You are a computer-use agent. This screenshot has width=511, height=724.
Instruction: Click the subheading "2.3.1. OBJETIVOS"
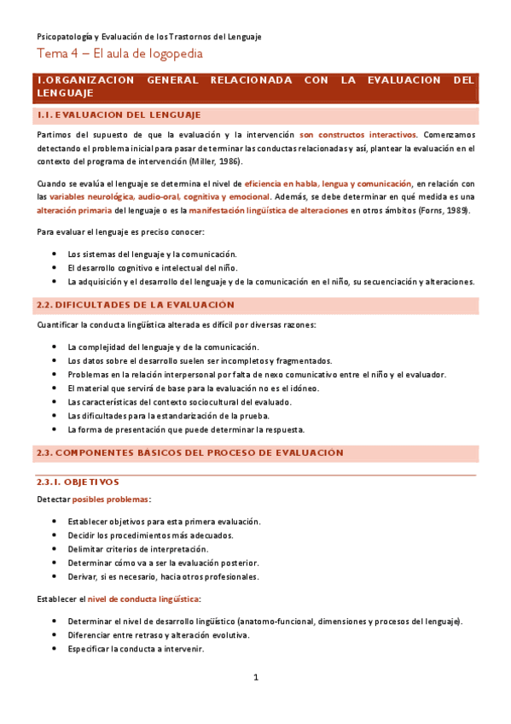coord(78,482)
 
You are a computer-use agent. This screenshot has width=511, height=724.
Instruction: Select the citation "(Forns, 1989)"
coord(444,211)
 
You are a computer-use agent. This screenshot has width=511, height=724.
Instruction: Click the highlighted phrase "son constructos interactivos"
coord(357,135)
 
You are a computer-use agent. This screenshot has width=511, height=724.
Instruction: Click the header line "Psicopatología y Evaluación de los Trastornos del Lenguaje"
coord(149,37)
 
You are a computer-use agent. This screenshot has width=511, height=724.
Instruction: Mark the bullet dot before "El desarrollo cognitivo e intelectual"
coord(55,267)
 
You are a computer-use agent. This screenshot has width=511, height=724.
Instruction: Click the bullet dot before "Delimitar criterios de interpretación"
coord(55,549)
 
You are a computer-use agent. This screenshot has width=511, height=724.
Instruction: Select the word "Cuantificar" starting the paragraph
coord(58,325)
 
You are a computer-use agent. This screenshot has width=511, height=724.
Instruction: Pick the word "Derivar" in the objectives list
coord(83,576)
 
